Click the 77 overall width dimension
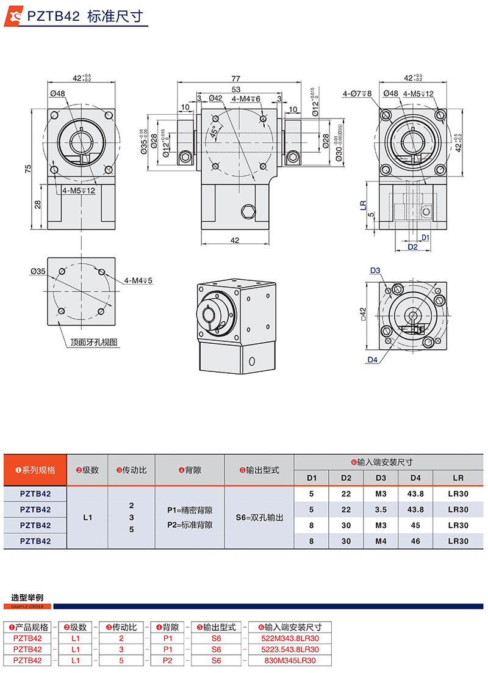pos(235,79)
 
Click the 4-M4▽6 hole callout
pos(246,98)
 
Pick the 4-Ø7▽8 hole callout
pos(357,93)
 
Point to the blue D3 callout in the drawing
pos(375,270)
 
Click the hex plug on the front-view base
pos(247,212)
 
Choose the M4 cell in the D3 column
pos(381,540)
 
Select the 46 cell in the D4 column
pos(416,540)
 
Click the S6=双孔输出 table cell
pos(259,517)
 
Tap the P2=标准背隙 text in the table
pos(190,525)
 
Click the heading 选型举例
pos(27,597)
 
